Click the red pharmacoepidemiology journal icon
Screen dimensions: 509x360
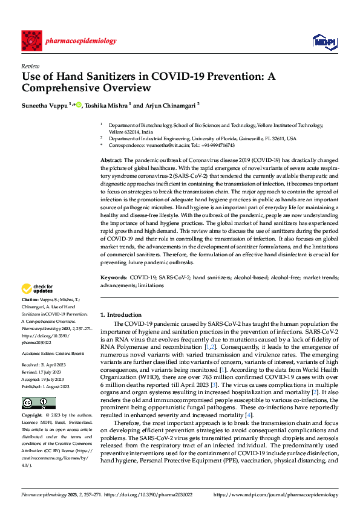(x=31, y=41)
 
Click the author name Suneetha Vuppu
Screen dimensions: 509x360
(x=44, y=105)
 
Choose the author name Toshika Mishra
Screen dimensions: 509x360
(x=106, y=105)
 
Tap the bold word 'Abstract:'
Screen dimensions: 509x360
(x=111, y=159)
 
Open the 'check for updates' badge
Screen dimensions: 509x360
(x=38, y=288)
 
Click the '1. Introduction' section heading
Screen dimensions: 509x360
(x=121, y=315)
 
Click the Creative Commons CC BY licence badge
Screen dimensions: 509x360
(x=38, y=403)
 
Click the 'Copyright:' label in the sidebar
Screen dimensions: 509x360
(x=31, y=416)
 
